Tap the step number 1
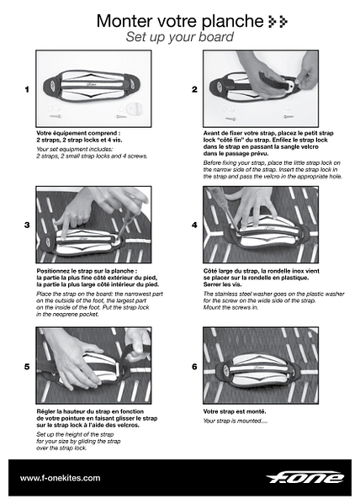point(28,89)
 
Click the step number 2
point(194,89)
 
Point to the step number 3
point(28,225)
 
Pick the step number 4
point(194,225)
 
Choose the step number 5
point(28,367)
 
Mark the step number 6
point(194,367)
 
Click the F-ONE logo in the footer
point(304,477)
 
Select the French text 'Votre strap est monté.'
point(235,411)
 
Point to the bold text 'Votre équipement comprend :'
point(78,133)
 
